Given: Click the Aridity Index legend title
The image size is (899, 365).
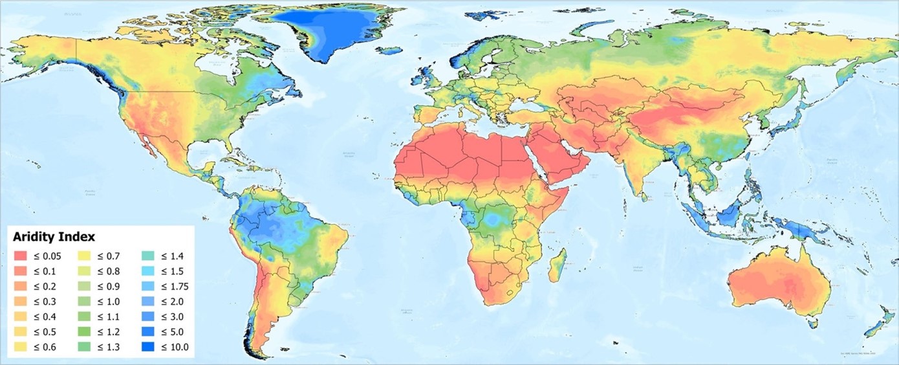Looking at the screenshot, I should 54,238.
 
